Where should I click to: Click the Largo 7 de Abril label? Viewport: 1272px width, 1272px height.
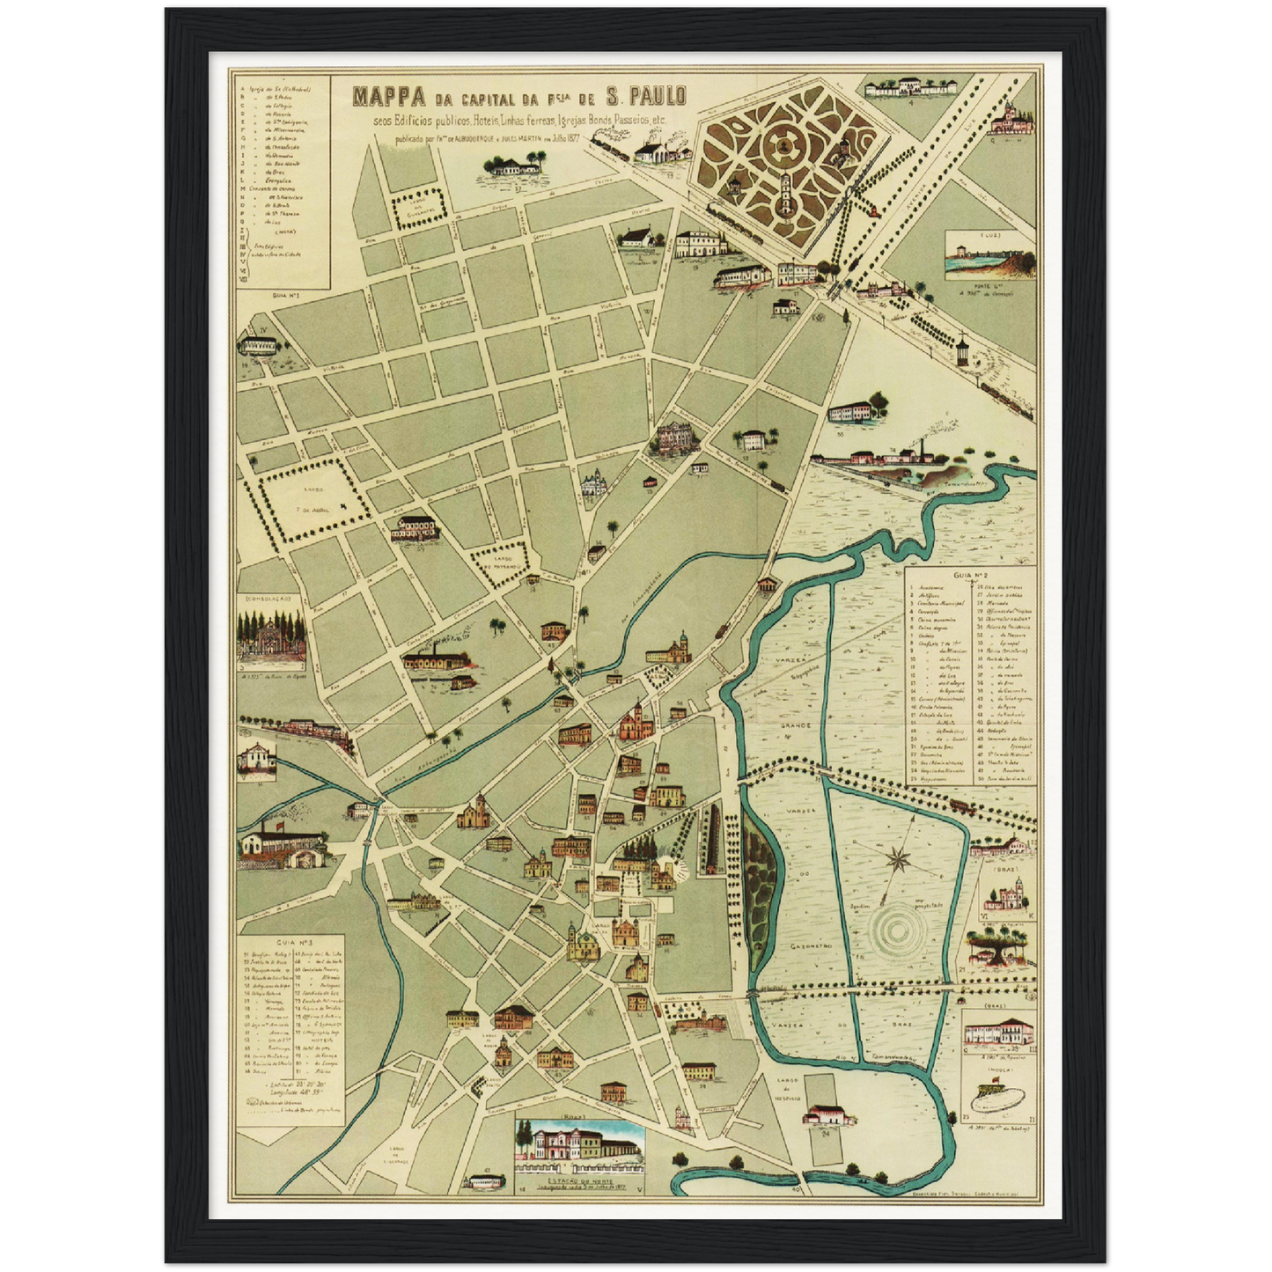[x=312, y=497]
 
